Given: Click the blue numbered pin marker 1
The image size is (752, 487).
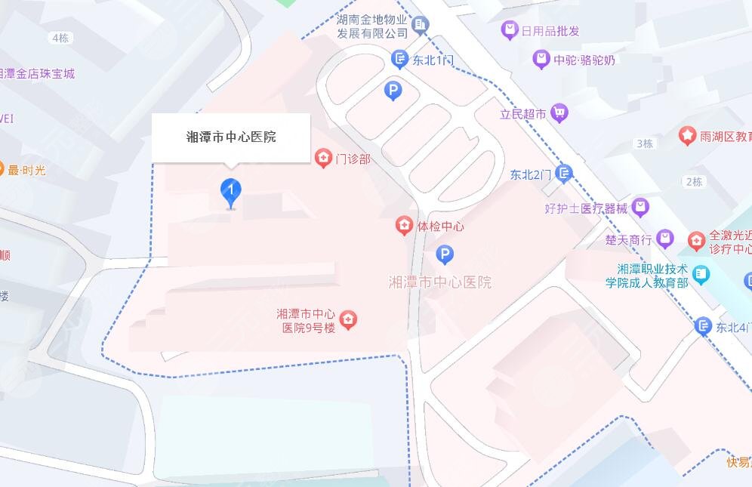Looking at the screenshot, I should pyautogui.click(x=231, y=192).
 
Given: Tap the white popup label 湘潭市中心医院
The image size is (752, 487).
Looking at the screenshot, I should pyautogui.click(x=231, y=137).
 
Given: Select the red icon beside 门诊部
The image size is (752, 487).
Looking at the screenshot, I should pyautogui.click(x=323, y=158).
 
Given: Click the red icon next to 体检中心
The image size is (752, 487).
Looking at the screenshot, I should pyautogui.click(x=405, y=225).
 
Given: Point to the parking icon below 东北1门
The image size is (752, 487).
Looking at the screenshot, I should pyautogui.click(x=393, y=91).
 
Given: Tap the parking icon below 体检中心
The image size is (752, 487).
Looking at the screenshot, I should pyautogui.click(x=445, y=255).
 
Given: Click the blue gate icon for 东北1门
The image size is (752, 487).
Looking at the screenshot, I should pyautogui.click(x=399, y=58).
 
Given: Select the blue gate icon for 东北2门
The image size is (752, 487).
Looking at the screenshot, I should pyautogui.click(x=564, y=174).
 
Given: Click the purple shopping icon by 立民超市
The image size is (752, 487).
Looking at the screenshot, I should pyautogui.click(x=559, y=113).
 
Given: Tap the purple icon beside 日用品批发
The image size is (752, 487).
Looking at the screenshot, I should pyautogui.click(x=510, y=30).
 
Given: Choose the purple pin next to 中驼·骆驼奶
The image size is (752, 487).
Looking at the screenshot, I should pyautogui.click(x=541, y=59).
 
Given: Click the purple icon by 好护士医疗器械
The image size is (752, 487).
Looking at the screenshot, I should pyautogui.click(x=640, y=207).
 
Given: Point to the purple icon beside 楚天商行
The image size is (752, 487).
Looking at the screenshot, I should pyautogui.click(x=665, y=239).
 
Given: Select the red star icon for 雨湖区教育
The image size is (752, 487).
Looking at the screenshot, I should pyautogui.click(x=687, y=136).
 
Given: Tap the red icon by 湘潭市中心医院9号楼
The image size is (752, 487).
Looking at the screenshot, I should pyautogui.click(x=348, y=320).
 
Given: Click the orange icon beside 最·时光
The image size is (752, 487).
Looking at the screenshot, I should pyautogui.click(x=2, y=170).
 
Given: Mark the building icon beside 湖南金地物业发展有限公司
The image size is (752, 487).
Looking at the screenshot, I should pyautogui.click(x=421, y=26).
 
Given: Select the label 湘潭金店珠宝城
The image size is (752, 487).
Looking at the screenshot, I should pyautogui.click(x=38, y=74).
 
